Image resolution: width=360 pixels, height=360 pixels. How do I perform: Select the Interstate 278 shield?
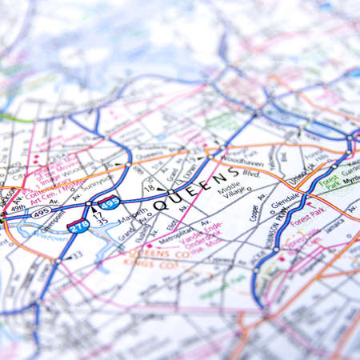pos(78,226)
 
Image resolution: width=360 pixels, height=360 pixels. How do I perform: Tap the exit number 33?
pos(77,256)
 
